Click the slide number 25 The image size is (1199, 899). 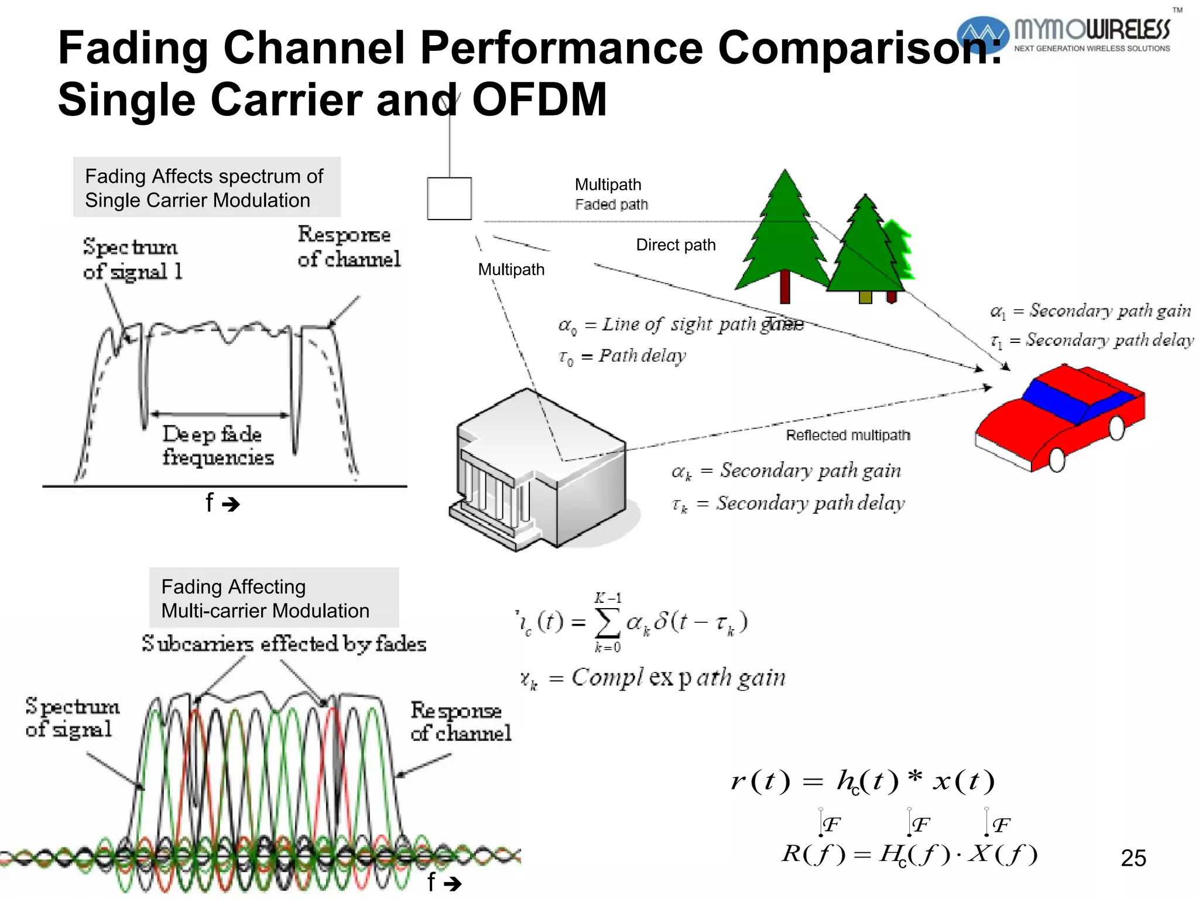1133,858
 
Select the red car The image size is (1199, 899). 1060,416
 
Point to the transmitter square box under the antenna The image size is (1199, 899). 449,199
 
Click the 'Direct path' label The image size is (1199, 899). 676,245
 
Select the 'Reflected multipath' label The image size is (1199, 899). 848,435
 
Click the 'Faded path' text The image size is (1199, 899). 611,204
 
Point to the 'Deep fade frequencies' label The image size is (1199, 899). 217,445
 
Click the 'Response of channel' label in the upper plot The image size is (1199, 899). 348,246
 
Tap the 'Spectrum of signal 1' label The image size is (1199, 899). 132,259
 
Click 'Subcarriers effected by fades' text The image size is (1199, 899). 284,644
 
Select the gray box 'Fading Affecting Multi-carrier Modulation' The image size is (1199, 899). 274,598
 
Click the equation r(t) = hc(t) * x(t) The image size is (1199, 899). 862,781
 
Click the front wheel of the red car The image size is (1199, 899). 1057,460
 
